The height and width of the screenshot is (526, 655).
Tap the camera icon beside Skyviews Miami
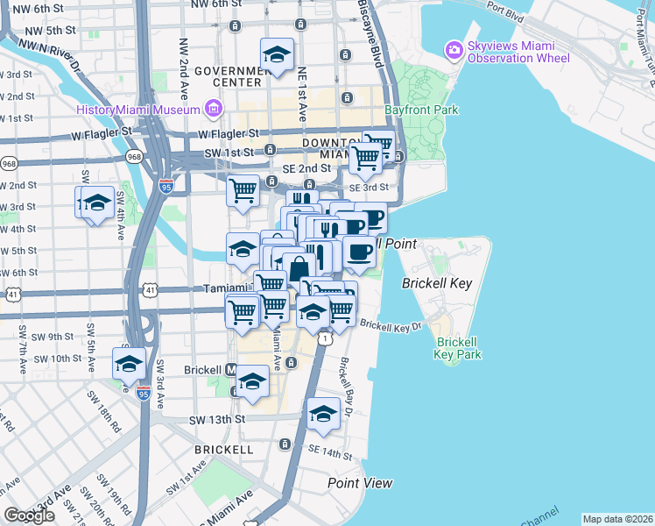pos(454,49)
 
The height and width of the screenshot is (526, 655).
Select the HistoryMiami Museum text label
pos(137,110)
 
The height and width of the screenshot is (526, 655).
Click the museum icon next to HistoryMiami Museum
pos(212,109)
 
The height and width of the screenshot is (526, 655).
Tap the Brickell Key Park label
pos(459,348)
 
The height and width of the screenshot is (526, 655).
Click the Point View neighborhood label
pos(360,483)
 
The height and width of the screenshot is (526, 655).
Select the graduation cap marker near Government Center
pos(277,54)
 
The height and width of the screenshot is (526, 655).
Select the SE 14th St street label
pos(329,451)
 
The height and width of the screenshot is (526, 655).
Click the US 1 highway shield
pos(324,338)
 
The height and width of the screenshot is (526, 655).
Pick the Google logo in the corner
pos(29,515)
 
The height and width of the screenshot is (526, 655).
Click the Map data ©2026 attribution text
pos(617,519)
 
